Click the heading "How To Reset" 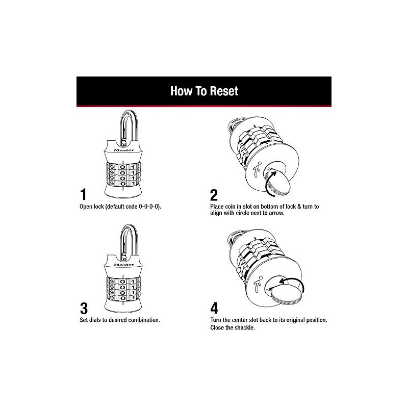coord(204,91)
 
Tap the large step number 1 coord(83,195)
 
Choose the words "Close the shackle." coord(233,328)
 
